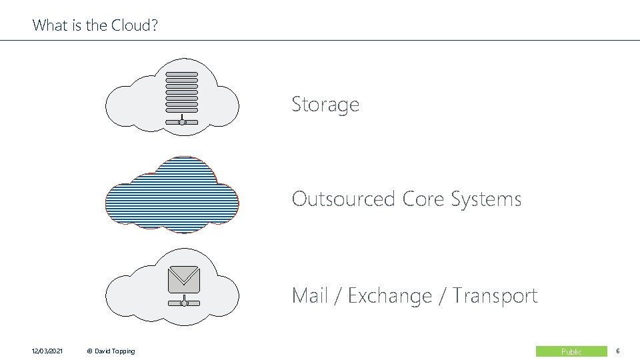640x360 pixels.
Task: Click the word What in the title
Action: point(48,25)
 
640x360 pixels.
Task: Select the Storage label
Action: point(325,105)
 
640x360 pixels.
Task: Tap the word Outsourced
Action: point(344,199)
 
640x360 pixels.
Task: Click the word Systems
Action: point(486,199)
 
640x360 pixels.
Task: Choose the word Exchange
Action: point(390,295)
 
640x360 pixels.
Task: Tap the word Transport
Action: point(495,295)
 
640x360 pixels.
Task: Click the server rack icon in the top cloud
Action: point(181,91)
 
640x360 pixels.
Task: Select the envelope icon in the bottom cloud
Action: point(183,279)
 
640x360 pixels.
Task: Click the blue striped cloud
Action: point(172,195)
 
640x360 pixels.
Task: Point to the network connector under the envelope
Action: point(183,303)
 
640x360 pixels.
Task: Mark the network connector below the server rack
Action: point(181,121)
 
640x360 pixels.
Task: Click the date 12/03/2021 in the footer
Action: point(47,351)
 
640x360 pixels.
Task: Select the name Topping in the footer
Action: point(123,351)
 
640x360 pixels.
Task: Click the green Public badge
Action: point(571,351)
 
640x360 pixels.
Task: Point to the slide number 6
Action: point(618,351)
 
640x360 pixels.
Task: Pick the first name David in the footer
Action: point(103,351)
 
